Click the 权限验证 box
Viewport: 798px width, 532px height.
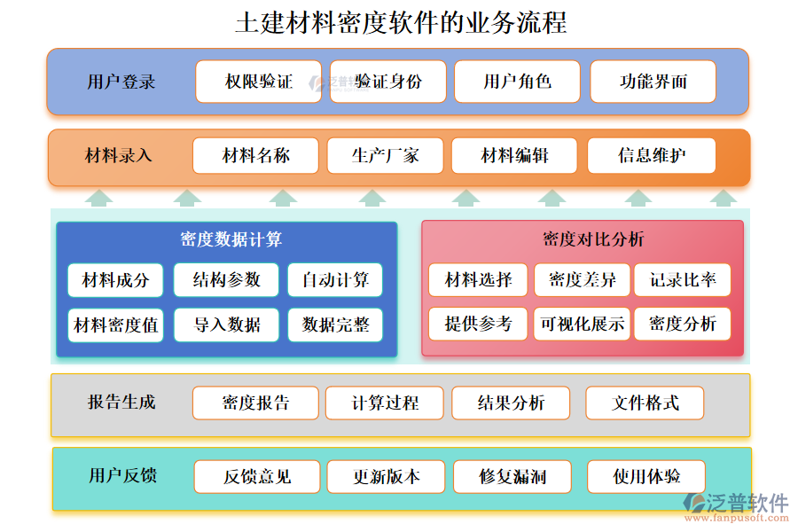tap(258, 82)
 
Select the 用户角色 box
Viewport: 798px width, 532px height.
tap(517, 82)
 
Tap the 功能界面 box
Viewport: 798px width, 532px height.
tap(653, 82)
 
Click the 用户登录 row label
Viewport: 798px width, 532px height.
tap(121, 82)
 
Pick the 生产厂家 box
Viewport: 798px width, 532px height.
tap(385, 156)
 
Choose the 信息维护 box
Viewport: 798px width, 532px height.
tap(651, 156)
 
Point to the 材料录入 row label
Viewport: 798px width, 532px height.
tap(119, 156)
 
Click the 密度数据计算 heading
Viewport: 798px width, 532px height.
tap(231, 239)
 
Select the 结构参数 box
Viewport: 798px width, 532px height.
tap(226, 280)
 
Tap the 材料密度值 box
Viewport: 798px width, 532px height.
tap(115, 325)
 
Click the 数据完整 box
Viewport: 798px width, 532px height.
tap(335, 325)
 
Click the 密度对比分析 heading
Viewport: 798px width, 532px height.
tap(581, 239)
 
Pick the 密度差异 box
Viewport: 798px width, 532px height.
tap(583, 280)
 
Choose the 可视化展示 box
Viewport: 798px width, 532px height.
tap(583, 325)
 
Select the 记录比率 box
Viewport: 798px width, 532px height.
tap(683, 280)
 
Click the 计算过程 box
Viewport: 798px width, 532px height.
tap(385, 403)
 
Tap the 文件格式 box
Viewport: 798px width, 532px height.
tap(645, 403)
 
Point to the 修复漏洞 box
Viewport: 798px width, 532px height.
tap(512, 477)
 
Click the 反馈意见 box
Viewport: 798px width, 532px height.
tap(256, 477)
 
